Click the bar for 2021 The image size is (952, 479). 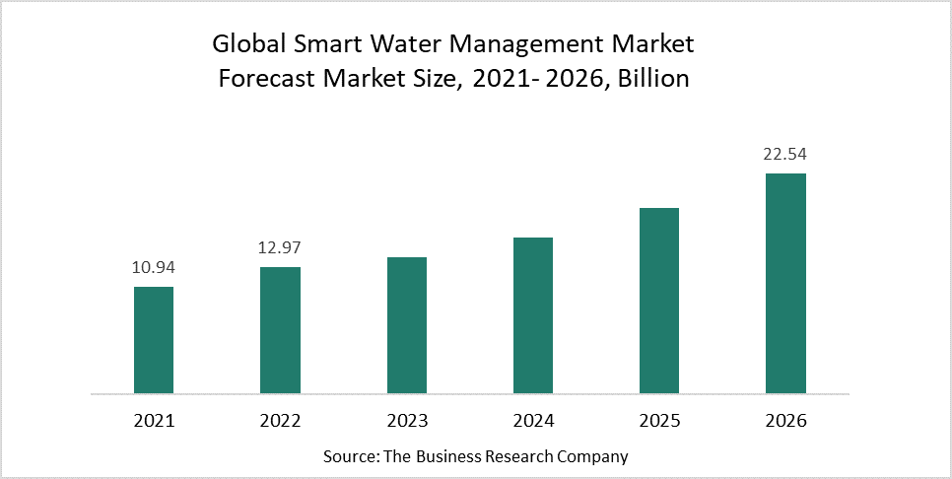tap(154, 340)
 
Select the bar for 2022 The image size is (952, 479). tap(280, 330)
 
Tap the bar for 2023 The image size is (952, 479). tap(406, 325)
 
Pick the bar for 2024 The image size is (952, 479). tap(533, 315)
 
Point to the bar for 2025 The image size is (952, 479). tap(659, 301)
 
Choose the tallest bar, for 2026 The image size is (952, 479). tap(785, 284)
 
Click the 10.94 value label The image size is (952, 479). tap(154, 267)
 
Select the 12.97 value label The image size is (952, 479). tap(280, 247)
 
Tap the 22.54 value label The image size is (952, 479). tap(785, 155)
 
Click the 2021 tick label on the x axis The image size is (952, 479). tap(154, 421)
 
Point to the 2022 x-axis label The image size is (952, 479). tap(280, 421)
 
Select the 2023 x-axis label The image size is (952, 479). tap(406, 421)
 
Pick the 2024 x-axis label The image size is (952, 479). tap(533, 421)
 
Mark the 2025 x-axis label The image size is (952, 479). tap(659, 421)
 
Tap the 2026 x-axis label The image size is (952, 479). tap(785, 421)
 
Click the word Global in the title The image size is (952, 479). tap(244, 44)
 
